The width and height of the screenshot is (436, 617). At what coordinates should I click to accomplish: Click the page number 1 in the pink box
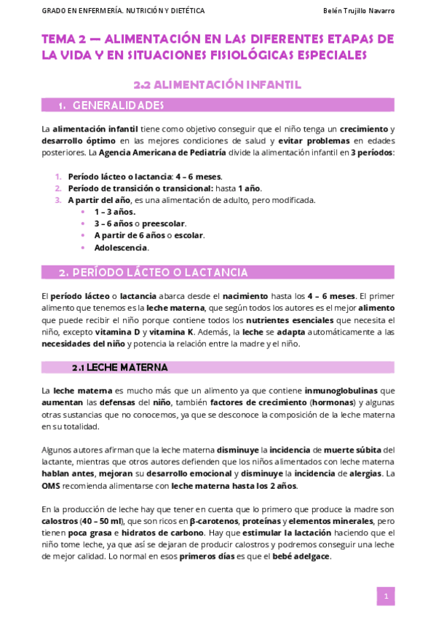[386, 597]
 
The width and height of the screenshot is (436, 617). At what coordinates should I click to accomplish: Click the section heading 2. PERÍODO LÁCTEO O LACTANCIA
[154, 273]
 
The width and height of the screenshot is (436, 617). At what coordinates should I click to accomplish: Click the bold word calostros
[60, 521]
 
